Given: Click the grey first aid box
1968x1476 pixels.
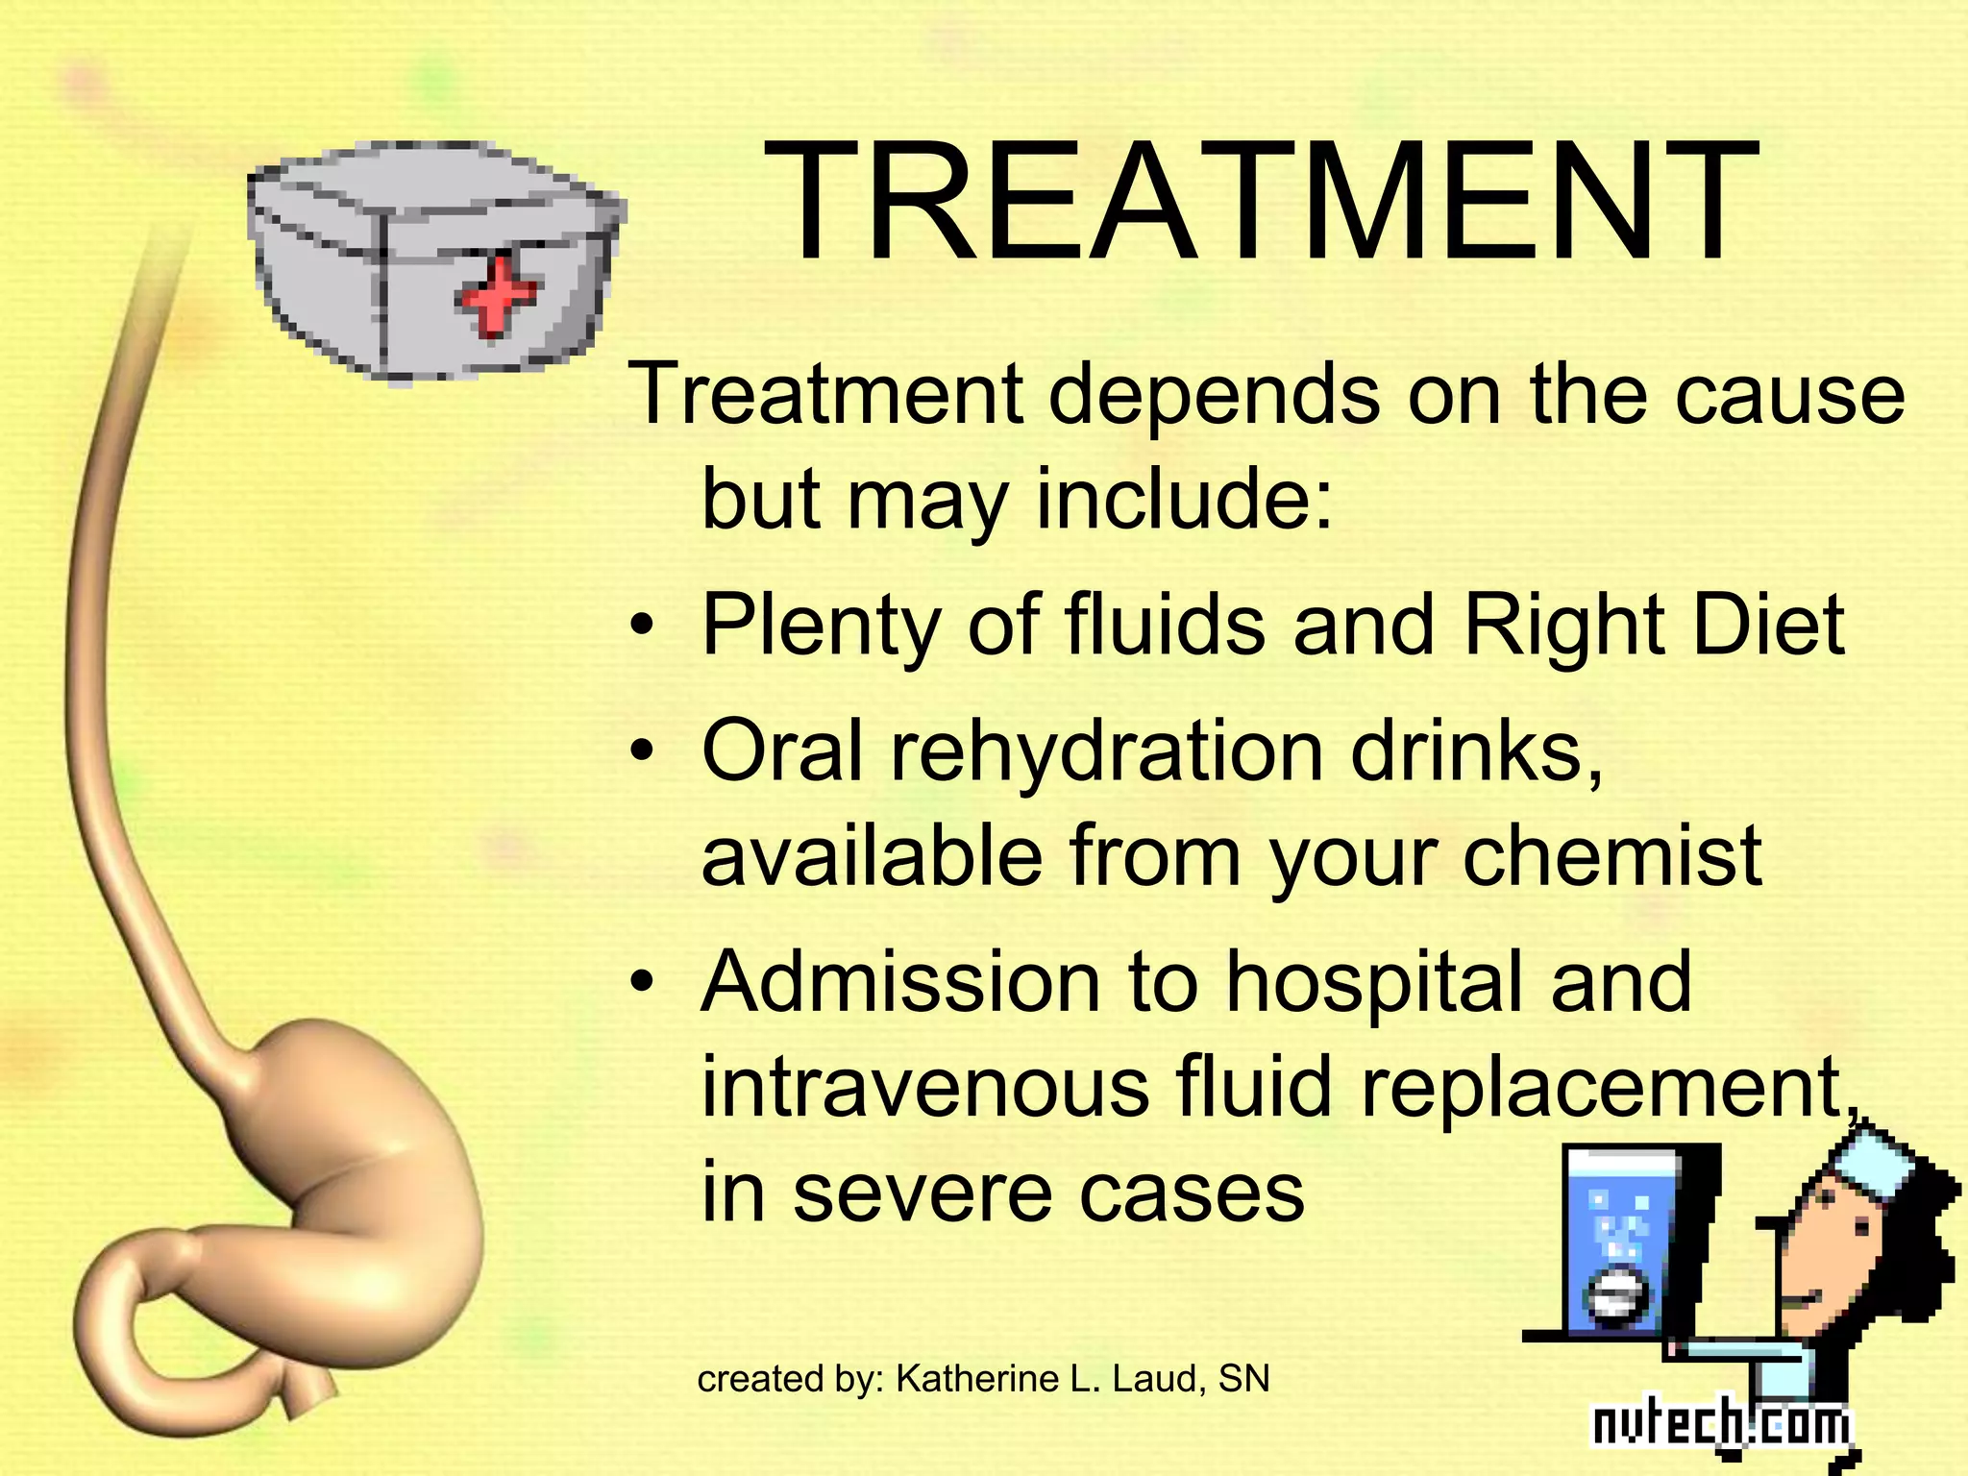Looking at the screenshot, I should tap(432, 259).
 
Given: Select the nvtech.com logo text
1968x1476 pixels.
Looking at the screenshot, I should tap(1720, 1425).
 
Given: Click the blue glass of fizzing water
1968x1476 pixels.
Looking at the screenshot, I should tap(1619, 1249).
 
